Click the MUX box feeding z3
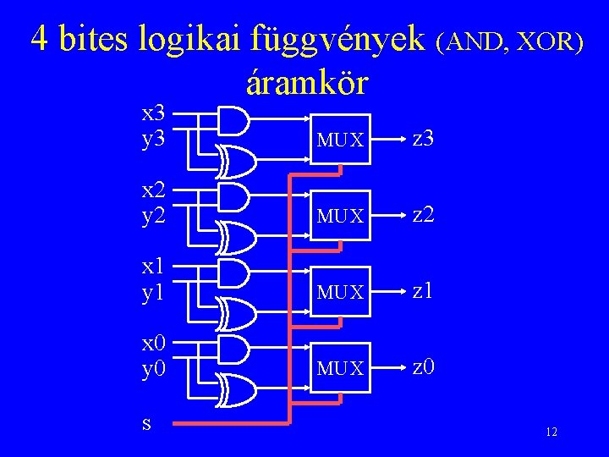[339, 138]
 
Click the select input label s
[147, 421]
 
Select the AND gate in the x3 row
[233, 119]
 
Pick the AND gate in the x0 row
[233, 349]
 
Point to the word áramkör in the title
[306, 82]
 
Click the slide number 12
[551, 432]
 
